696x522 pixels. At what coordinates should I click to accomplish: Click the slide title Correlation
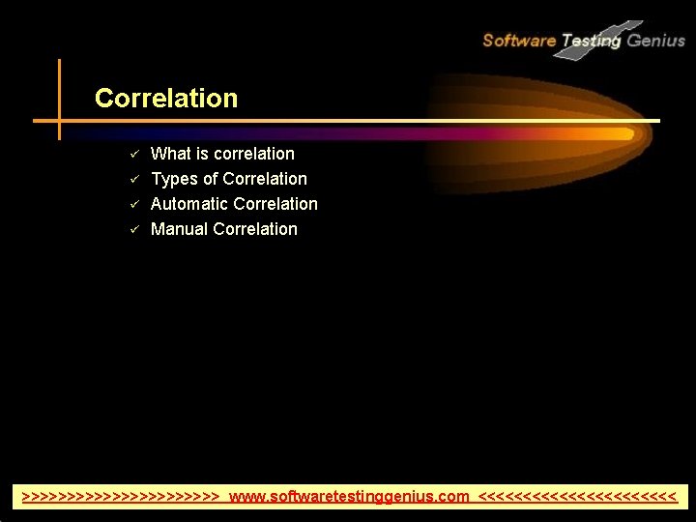click(165, 99)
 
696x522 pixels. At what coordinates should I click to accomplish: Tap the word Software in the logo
click(518, 41)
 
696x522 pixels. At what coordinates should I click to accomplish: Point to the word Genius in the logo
click(656, 41)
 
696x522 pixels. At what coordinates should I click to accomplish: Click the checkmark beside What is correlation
click(136, 154)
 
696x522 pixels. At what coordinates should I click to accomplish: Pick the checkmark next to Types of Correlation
click(136, 179)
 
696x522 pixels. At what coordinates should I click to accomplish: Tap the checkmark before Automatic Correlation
click(136, 204)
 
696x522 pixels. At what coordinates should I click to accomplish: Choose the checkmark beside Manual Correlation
click(136, 229)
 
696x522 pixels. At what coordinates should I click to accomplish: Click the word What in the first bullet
click(170, 154)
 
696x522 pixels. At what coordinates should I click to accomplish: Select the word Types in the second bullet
click(174, 179)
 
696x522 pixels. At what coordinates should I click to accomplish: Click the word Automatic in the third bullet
click(188, 204)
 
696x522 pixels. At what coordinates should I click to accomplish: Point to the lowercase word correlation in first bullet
click(254, 154)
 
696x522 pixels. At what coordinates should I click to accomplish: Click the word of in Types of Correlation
click(210, 179)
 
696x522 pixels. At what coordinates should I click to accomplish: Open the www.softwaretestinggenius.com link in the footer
click(349, 497)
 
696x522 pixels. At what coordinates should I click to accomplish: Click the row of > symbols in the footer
click(121, 497)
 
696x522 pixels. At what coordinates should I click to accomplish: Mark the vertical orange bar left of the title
click(59, 99)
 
